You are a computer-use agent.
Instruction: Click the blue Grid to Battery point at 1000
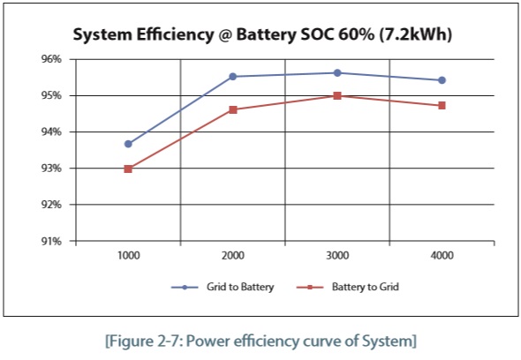pos(128,144)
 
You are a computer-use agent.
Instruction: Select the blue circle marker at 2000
pos(233,77)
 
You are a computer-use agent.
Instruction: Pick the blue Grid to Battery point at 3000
pos(337,72)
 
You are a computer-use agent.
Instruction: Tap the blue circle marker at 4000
pos(442,80)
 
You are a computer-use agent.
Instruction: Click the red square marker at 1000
pos(128,169)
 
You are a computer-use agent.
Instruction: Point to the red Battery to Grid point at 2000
pos(233,109)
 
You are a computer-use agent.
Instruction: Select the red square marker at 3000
pos(337,96)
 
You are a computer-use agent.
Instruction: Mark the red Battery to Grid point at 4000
pos(442,106)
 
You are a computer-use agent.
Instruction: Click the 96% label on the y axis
pos(51,59)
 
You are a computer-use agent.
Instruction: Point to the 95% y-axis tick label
pos(51,95)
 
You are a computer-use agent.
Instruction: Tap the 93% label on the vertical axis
pos(51,169)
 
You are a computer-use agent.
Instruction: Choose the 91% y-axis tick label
pos(51,241)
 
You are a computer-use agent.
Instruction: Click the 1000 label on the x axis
pos(129,255)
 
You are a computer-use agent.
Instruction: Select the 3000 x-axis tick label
pos(337,255)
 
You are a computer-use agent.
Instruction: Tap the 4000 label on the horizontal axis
pos(442,255)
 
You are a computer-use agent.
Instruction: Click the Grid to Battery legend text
pos(240,287)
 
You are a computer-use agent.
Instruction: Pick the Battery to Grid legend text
pos(366,287)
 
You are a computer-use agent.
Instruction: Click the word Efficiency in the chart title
pos(175,34)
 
